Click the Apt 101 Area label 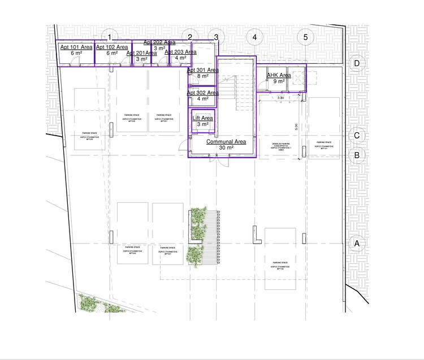pos(76,47)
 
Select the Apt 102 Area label pos(111,47)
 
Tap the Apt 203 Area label pos(180,52)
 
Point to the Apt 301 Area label pos(202,70)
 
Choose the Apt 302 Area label pos(202,93)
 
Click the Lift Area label pos(203,118)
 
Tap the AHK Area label pos(279,75)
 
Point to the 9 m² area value pos(279,81)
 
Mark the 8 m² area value pos(202,76)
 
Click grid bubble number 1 pos(110,37)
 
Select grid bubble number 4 pos(254,37)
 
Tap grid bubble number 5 pos(306,37)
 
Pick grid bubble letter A pos(357,244)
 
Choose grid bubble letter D pos(357,63)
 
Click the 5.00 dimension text pos(295,128)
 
